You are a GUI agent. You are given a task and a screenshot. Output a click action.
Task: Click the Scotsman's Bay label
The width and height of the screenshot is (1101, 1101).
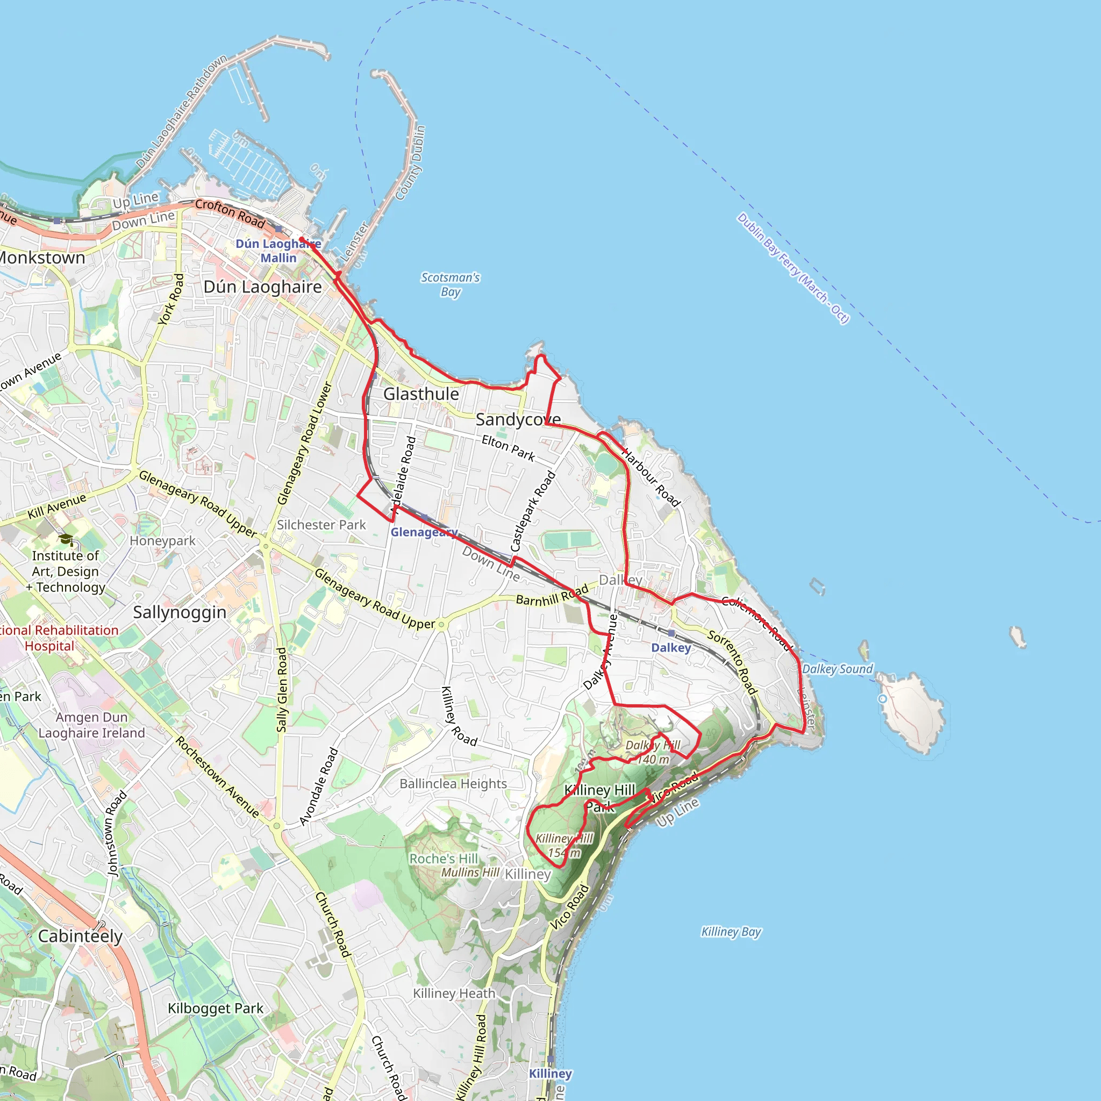click(x=450, y=284)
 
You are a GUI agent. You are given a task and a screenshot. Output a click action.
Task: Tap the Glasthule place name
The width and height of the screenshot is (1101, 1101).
click(x=421, y=394)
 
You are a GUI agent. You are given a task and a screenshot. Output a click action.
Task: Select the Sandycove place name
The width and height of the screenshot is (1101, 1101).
click(x=518, y=419)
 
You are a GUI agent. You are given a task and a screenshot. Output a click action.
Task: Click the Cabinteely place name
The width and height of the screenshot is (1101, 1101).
click(x=80, y=936)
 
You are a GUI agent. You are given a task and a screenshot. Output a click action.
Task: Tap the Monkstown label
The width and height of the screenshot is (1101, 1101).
click(x=41, y=258)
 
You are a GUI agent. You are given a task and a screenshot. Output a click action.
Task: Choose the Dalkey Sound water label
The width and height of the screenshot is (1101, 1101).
click(x=837, y=669)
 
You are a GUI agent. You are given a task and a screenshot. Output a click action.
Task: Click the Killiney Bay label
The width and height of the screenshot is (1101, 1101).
click(x=731, y=932)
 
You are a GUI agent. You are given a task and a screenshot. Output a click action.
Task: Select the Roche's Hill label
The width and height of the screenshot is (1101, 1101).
click(x=444, y=859)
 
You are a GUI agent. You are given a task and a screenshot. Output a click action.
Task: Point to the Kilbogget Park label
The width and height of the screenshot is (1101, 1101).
click(x=216, y=1009)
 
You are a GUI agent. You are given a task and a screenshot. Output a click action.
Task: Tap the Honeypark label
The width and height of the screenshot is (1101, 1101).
click(x=162, y=541)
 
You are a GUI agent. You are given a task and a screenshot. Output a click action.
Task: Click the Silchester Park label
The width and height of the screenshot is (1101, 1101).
click(x=321, y=525)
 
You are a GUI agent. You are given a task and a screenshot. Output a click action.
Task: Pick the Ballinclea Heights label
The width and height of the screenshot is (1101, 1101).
click(x=453, y=784)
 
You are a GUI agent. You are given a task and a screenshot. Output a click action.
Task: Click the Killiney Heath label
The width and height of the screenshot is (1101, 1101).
click(x=454, y=993)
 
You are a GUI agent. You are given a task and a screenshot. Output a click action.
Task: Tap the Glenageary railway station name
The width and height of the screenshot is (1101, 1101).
click(x=424, y=532)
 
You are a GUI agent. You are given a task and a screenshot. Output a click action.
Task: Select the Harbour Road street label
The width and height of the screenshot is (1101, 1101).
click(x=651, y=477)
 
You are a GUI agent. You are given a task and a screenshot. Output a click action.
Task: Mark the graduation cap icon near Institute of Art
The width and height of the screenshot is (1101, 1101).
click(x=66, y=539)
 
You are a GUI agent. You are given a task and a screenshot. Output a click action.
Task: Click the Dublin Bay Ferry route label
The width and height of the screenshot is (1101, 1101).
click(x=793, y=268)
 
